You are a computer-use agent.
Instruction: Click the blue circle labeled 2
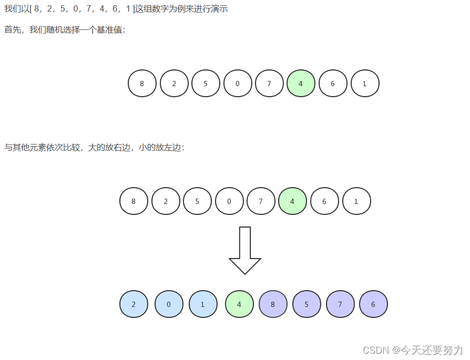134,304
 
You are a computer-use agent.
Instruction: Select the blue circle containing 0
169,304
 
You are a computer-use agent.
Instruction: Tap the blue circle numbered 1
203,304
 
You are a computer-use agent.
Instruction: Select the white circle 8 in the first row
142,84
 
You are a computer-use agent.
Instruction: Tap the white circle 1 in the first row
365,84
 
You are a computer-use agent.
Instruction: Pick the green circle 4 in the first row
301,84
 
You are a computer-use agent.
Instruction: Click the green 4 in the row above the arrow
292,201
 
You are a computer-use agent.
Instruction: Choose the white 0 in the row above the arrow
229,201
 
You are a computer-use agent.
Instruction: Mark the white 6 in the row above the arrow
324,201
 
